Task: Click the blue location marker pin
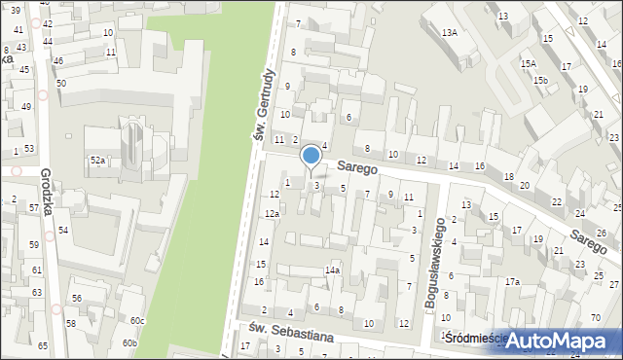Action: point(311,157)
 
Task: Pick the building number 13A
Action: point(449,32)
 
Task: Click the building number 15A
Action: point(528,63)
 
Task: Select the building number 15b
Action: point(540,80)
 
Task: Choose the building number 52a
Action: point(97,160)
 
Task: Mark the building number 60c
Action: point(137,320)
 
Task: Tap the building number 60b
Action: point(129,342)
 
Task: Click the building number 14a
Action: point(332,270)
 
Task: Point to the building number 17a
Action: point(512,281)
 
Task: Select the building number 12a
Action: point(274,214)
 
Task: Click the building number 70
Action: point(595,318)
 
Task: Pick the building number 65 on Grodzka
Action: point(43,345)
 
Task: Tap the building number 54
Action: point(62,230)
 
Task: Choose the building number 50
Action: point(60,84)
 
